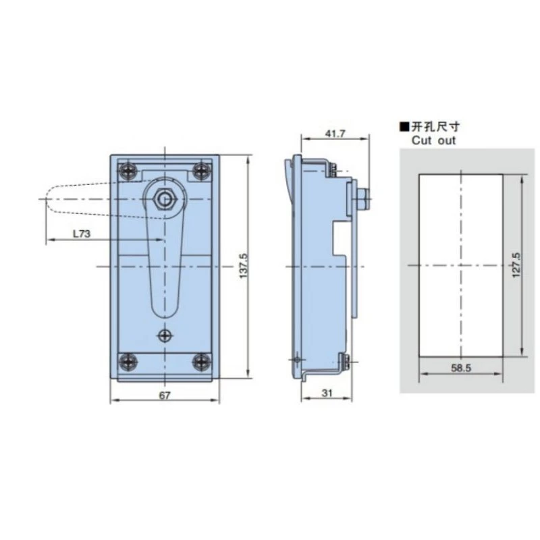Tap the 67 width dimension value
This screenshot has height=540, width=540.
click(x=164, y=396)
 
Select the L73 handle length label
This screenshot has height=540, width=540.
click(x=82, y=234)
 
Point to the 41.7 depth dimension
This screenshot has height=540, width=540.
click(x=335, y=134)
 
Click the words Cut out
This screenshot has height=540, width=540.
click(x=433, y=141)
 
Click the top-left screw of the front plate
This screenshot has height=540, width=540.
click(x=127, y=171)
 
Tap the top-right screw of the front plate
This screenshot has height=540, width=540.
click(x=200, y=171)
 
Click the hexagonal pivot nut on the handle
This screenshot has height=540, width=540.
click(x=164, y=198)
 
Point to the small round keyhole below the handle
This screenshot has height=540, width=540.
click(x=164, y=335)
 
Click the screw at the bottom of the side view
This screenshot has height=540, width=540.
click(x=345, y=362)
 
